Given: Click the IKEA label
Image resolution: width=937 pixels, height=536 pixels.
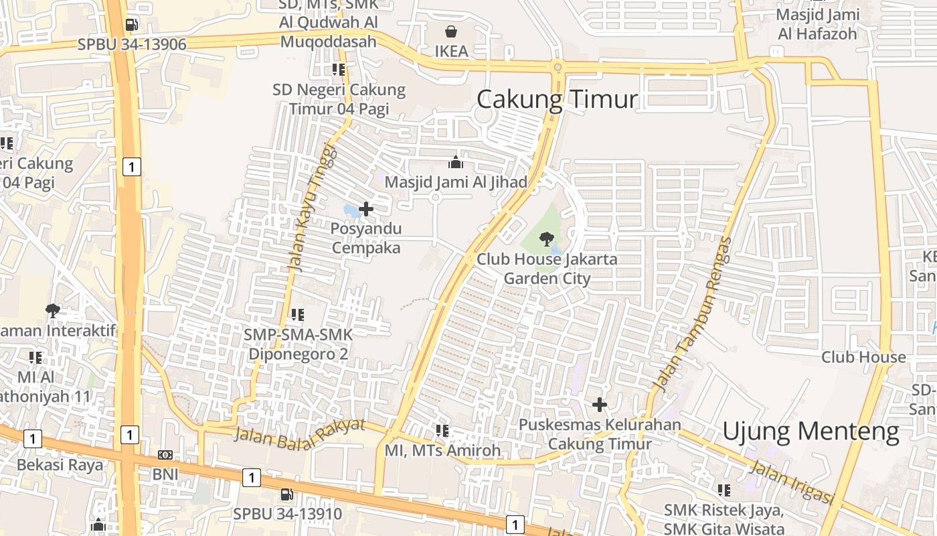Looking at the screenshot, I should [451, 52].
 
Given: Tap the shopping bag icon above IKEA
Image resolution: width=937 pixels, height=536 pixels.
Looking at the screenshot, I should [451, 31].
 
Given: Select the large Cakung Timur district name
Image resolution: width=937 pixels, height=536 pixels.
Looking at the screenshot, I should [557, 100].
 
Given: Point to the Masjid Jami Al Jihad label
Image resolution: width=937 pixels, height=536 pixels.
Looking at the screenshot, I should [456, 182].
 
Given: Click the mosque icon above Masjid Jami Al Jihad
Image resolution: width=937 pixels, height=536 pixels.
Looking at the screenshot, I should [456, 162].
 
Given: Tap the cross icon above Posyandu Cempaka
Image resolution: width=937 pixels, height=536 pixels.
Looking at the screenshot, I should [366, 209].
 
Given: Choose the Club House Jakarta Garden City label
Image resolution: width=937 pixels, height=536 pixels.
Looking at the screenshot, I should [547, 269].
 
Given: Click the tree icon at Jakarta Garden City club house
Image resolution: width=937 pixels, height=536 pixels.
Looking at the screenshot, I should [547, 239].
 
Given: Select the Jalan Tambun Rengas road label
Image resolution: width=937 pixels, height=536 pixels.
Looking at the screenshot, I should [693, 315].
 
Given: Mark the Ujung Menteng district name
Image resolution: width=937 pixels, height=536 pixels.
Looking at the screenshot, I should [811, 431].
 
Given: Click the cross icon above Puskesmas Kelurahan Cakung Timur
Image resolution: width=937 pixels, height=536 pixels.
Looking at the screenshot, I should [600, 405].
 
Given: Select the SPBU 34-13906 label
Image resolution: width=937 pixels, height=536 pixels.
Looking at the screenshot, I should [132, 44].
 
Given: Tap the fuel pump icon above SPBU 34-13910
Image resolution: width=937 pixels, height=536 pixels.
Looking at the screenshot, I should [286, 494].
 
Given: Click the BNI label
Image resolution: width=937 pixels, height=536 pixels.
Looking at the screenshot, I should [165, 474].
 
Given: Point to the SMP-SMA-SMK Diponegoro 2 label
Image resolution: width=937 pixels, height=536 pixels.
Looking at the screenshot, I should [298, 344].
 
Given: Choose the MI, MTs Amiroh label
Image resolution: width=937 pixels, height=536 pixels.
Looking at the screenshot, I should [442, 450].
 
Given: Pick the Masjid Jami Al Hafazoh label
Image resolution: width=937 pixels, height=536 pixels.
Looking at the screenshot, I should [817, 24].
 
